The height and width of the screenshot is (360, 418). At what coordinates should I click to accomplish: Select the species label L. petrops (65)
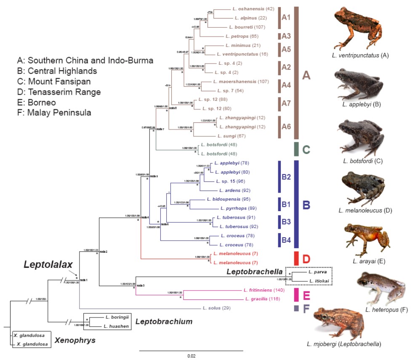242,36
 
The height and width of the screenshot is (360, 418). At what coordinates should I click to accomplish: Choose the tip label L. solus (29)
219,309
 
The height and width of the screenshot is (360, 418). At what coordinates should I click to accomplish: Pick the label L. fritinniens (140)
260,290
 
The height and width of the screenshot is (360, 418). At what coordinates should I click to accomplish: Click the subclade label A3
287,36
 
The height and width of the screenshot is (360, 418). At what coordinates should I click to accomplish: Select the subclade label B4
286,240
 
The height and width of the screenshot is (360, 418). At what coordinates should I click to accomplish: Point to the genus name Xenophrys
76,340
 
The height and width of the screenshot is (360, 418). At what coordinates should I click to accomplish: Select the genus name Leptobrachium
164,322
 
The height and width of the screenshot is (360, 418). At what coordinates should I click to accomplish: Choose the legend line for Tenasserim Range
53,92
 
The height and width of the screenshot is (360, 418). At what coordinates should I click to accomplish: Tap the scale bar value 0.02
191,356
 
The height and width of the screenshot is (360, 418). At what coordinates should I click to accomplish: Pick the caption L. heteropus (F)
384,310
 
